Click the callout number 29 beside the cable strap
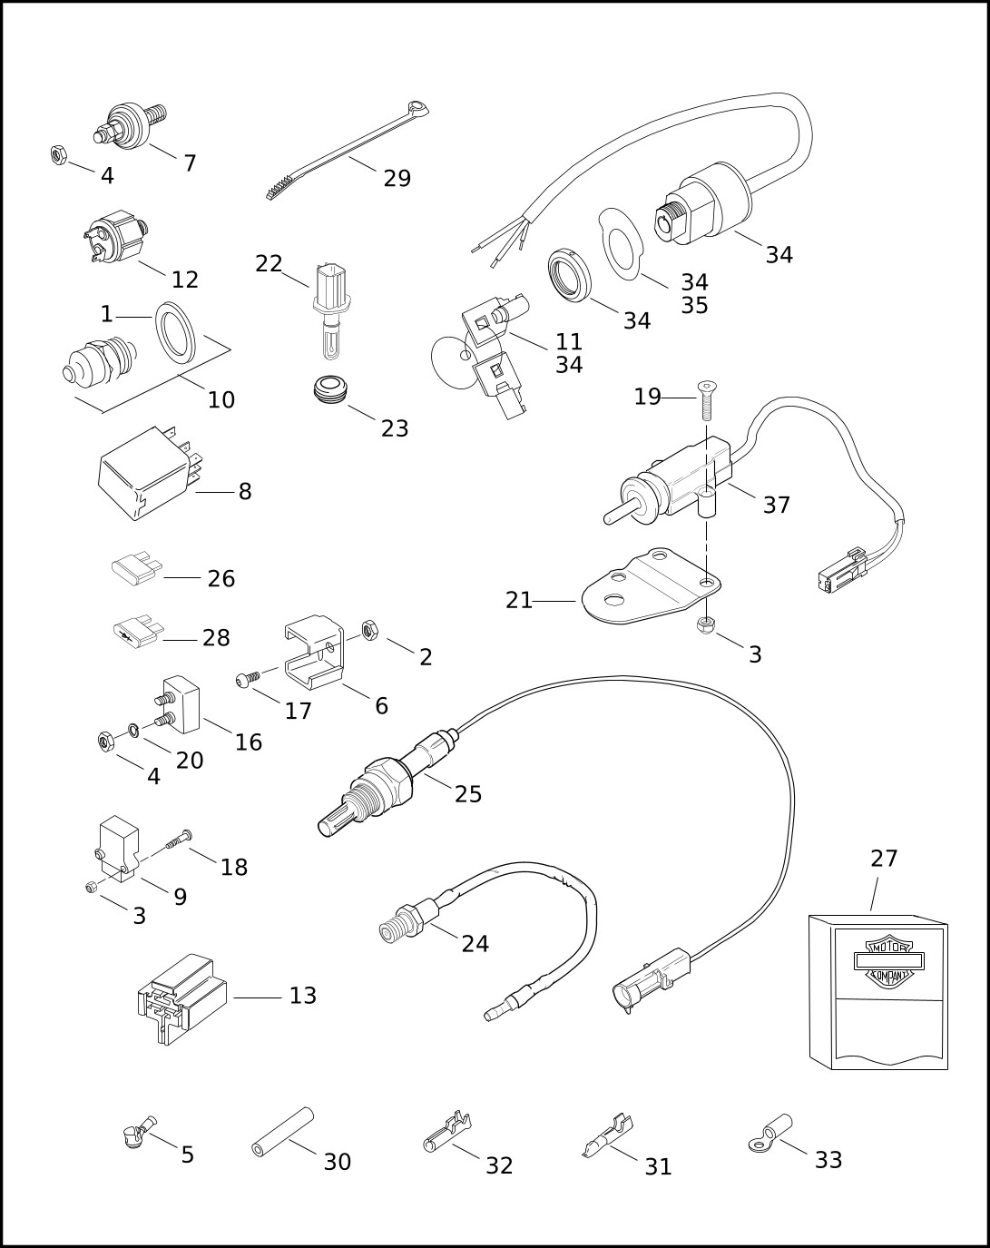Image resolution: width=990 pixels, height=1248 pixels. coord(397,179)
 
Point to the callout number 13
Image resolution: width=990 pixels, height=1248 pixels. coord(302,996)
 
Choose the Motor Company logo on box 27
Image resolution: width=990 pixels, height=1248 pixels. coord(888,960)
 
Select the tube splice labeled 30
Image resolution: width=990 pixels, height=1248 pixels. coord(281,1133)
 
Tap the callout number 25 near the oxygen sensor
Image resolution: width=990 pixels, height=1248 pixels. coord(468,794)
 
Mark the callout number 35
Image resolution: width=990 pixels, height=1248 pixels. coord(694,305)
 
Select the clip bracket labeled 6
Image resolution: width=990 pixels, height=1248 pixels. coord(315,652)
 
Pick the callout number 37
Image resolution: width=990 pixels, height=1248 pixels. coord(776,505)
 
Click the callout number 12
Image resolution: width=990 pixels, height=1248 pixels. coord(184,280)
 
